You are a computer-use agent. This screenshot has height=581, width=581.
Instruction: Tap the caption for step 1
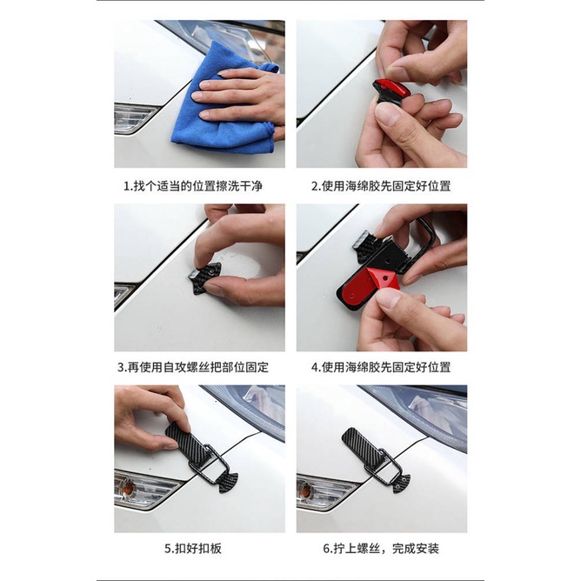coord(199,185)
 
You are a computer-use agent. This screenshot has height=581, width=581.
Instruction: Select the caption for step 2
coord(381,185)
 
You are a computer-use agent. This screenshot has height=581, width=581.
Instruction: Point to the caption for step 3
coord(199,367)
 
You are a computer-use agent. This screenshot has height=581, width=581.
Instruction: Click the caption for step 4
coord(381,367)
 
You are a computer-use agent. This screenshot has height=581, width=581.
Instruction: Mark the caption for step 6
coord(381,549)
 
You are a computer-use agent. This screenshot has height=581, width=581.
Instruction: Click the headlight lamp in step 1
coord(135,117)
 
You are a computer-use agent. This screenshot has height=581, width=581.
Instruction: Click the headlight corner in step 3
coord(124,293)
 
